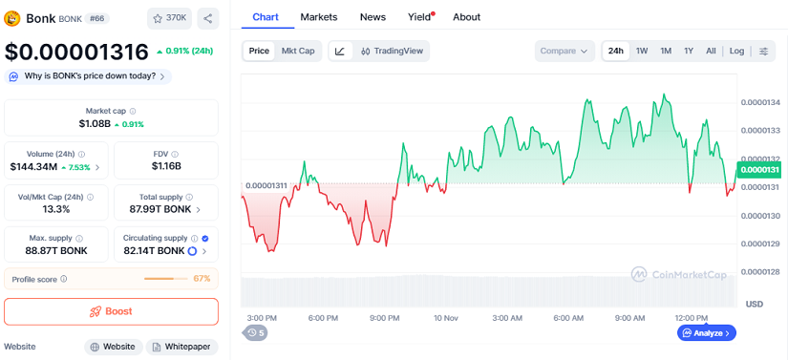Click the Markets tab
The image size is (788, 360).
click(x=319, y=17)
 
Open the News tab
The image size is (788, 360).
click(x=373, y=17)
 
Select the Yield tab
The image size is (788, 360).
click(x=419, y=17)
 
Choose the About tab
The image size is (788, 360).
click(x=466, y=17)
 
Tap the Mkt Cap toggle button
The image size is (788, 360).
click(x=297, y=51)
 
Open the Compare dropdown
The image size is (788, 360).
click(x=564, y=51)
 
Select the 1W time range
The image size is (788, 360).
click(x=642, y=51)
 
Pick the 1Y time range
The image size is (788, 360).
click(x=688, y=51)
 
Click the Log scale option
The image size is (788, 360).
click(x=736, y=51)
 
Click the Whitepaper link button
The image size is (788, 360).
click(x=182, y=348)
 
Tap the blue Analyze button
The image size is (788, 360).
click(x=706, y=333)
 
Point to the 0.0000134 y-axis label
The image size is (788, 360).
click(x=760, y=102)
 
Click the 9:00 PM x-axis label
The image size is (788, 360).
click(x=384, y=318)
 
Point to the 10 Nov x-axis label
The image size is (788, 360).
click(x=446, y=318)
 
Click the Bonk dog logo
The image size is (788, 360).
click(x=13, y=18)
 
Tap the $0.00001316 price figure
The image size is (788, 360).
click(x=76, y=52)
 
